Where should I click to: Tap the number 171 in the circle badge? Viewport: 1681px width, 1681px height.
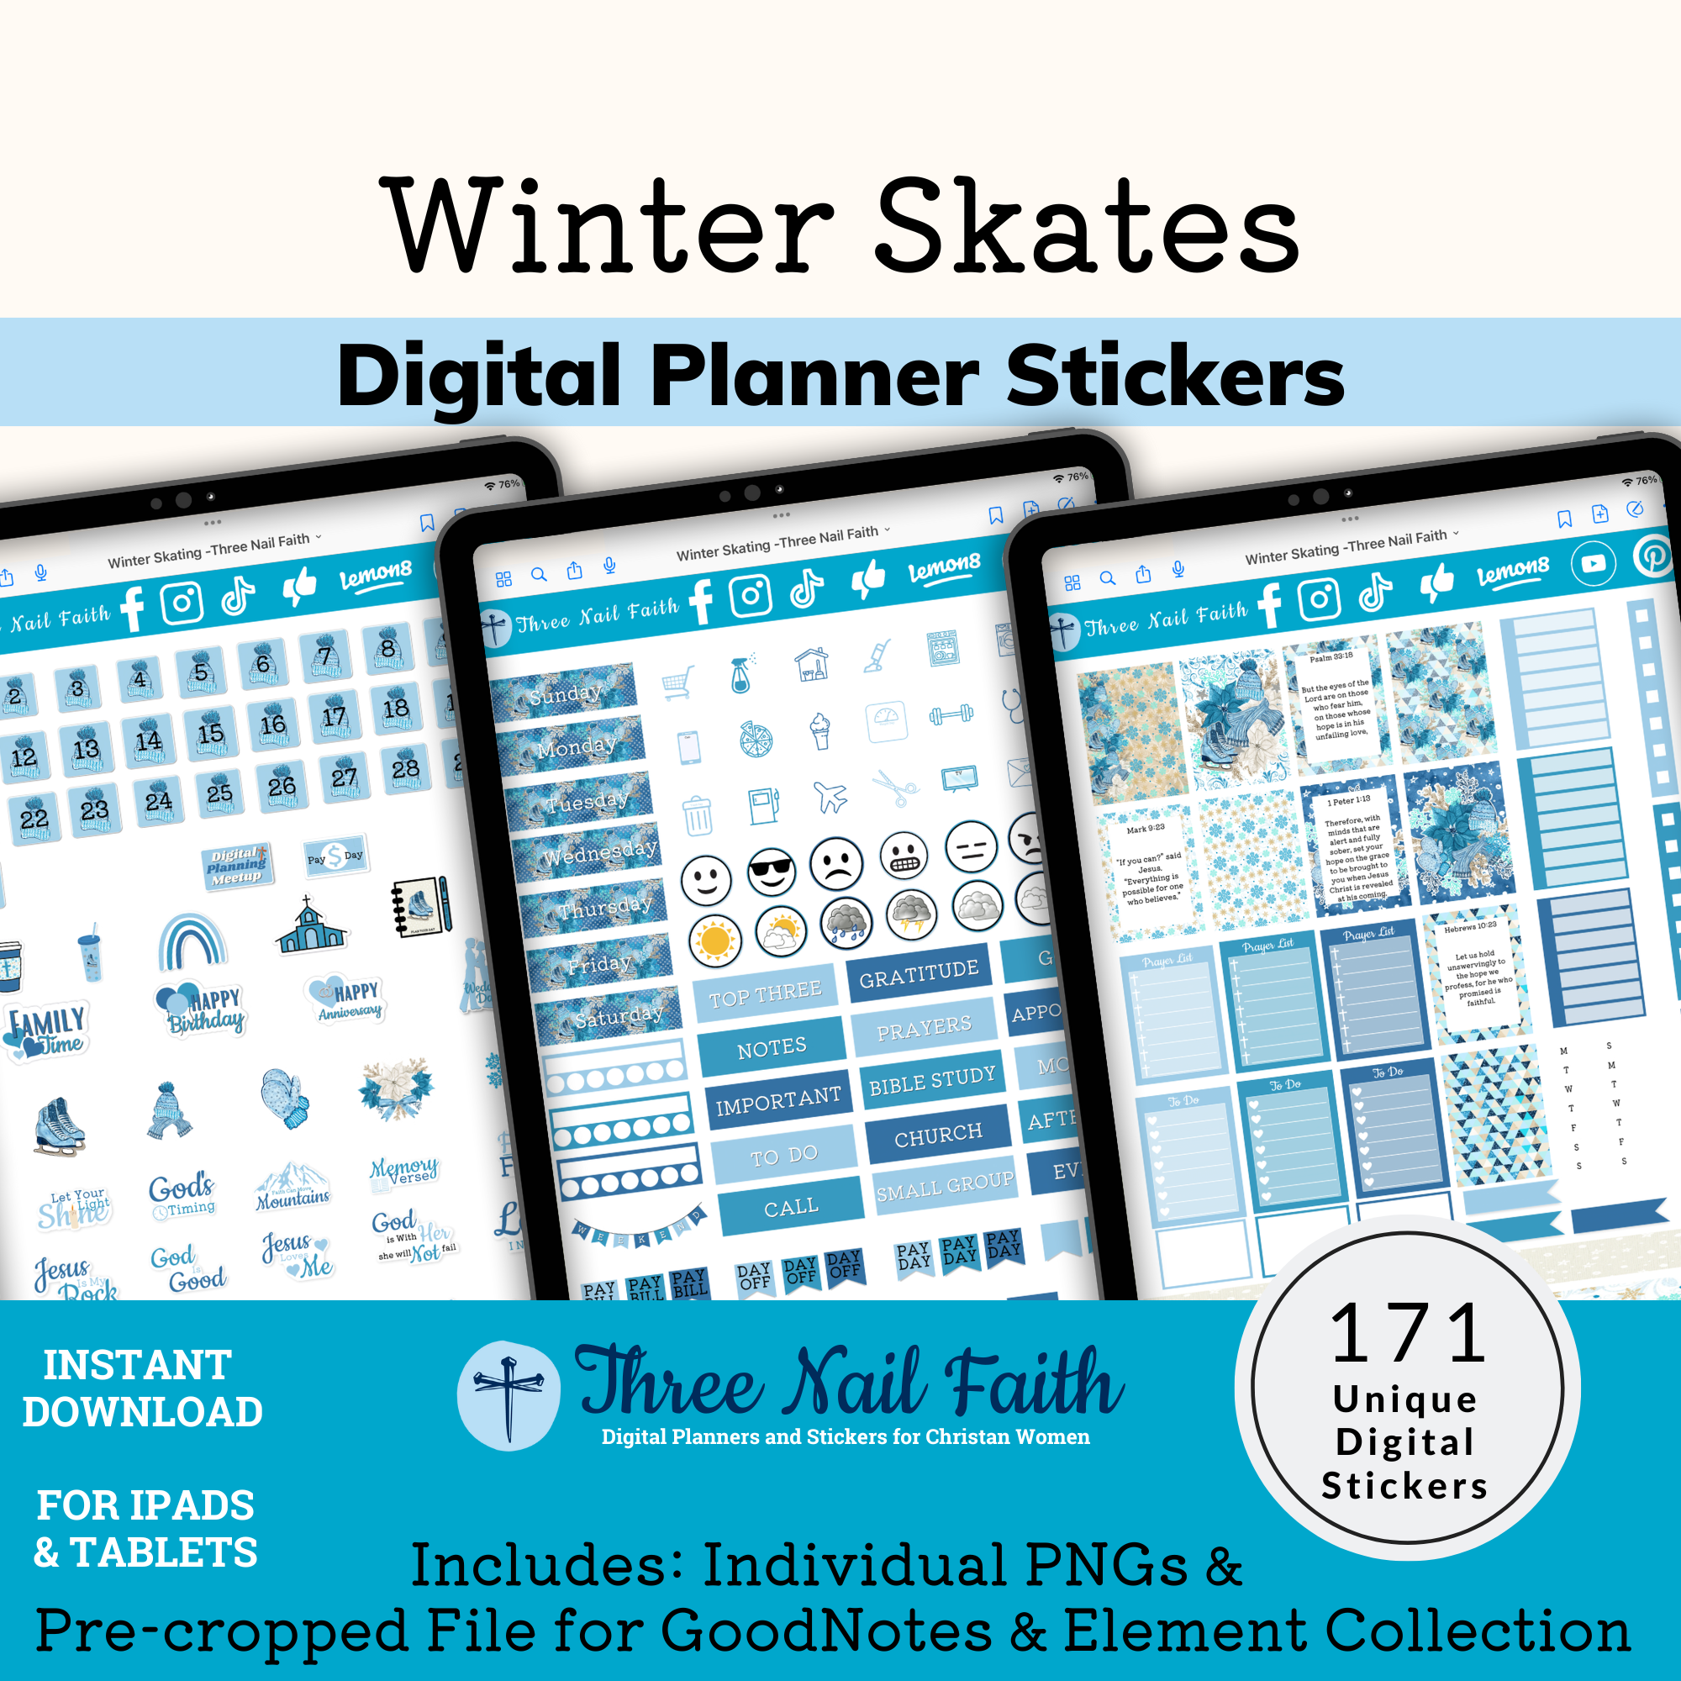point(1407,1335)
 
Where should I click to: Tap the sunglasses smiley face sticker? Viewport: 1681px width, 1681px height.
point(771,871)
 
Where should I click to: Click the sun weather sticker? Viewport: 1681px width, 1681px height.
point(714,941)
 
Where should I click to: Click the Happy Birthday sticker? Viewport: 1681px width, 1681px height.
point(203,1009)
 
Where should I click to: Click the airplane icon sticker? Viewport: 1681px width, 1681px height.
point(831,795)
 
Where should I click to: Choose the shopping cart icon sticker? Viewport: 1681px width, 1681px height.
point(677,682)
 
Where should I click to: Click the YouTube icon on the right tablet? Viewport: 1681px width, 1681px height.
point(1593,563)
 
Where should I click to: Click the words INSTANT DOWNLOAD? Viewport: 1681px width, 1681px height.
point(142,1388)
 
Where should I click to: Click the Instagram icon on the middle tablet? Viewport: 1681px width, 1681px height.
point(750,597)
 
